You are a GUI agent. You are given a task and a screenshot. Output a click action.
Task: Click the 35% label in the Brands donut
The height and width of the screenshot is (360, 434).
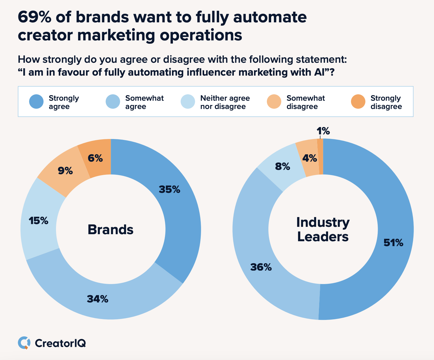point(170,189)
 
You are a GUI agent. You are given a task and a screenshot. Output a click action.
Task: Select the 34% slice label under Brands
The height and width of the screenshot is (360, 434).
point(98,299)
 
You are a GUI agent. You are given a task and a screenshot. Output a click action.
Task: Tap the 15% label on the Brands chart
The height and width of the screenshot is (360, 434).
point(39,221)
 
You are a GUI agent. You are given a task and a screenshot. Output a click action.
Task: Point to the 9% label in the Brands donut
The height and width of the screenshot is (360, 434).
point(65,171)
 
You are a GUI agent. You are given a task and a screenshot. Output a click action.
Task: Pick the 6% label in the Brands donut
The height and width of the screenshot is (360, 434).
point(95,158)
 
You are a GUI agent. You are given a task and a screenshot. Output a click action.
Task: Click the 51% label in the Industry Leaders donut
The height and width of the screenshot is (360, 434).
point(393,243)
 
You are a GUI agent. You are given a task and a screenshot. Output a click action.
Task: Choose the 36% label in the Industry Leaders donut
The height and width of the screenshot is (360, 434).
point(261,267)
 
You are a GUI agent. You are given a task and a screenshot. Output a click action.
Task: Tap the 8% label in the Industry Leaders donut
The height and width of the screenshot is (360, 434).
point(282,167)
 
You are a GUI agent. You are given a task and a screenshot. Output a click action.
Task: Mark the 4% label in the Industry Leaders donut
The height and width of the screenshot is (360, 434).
point(309,158)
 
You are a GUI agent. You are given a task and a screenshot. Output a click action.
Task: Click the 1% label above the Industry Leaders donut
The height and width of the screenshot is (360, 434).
point(323,131)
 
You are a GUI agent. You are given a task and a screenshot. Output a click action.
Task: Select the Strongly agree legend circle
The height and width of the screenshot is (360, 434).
point(36,101)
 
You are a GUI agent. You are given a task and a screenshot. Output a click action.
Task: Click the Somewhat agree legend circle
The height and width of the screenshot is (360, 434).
point(113,101)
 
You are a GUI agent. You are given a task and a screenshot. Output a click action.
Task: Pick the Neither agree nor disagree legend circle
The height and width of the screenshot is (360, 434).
point(188,101)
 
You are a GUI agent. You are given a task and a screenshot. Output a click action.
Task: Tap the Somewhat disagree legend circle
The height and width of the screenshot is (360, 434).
point(274,101)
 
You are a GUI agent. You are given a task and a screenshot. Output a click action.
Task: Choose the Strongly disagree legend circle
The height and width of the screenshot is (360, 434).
point(358,101)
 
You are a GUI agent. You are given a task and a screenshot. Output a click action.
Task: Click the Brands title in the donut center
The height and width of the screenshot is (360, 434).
point(110,230)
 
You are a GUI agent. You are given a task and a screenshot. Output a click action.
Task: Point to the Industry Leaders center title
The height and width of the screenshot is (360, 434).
point(323,230)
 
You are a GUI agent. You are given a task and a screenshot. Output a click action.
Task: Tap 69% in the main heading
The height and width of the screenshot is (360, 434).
point(34,17)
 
